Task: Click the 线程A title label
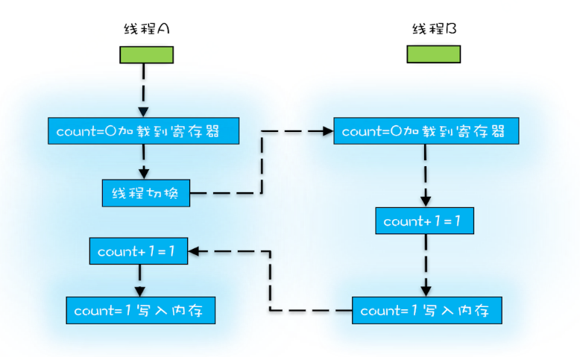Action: [146, 28]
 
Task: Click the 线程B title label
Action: [435, 28]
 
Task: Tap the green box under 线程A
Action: [146, 54]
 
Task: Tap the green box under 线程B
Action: [434, 54]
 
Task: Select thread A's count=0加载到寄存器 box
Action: [144, 131]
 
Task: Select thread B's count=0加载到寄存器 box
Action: [426, 131]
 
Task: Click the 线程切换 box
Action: [146, 193]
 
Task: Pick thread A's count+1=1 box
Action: [139, 251]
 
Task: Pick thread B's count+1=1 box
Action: [425, 221]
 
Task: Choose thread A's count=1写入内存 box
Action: [141, 310]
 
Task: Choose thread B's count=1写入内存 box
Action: [427, 310]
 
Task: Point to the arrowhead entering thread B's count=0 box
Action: [329, 131]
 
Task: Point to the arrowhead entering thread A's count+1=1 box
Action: [193, 252]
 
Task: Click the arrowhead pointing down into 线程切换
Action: [144, 174]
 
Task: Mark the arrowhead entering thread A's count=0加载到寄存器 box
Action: [144, 113]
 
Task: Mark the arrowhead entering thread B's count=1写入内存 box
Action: [426, 291]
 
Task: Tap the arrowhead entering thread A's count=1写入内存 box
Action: [139, 291]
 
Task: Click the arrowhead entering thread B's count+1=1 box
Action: [426, 202]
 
